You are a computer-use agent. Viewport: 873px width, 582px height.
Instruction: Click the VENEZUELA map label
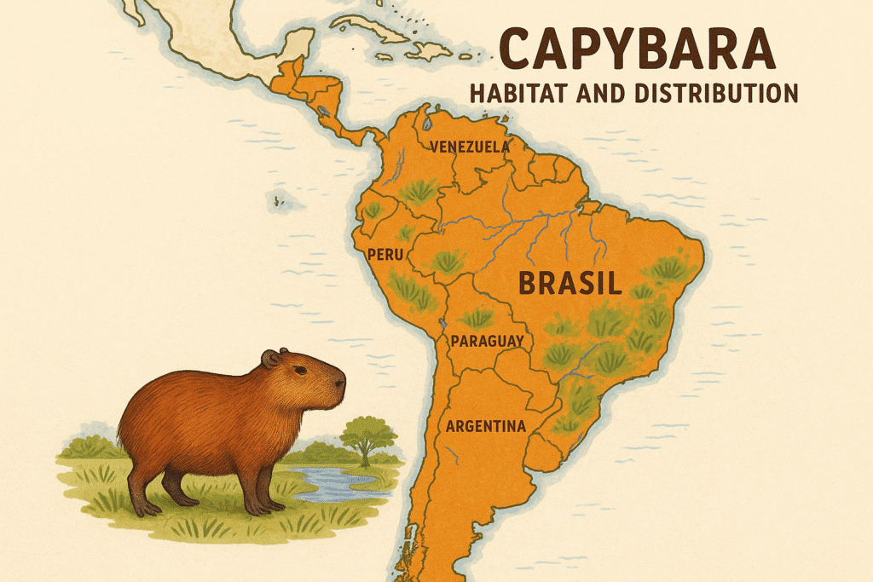(471, 147)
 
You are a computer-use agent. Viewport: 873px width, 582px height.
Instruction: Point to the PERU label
(384, 254)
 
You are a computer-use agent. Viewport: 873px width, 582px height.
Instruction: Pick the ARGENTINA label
(485, 425)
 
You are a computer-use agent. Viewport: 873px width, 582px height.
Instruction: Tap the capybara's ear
(270, 359)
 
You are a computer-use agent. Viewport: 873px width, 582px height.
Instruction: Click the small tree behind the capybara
(367, 435)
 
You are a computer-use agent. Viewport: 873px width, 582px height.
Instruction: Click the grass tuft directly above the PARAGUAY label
(478, 318)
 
